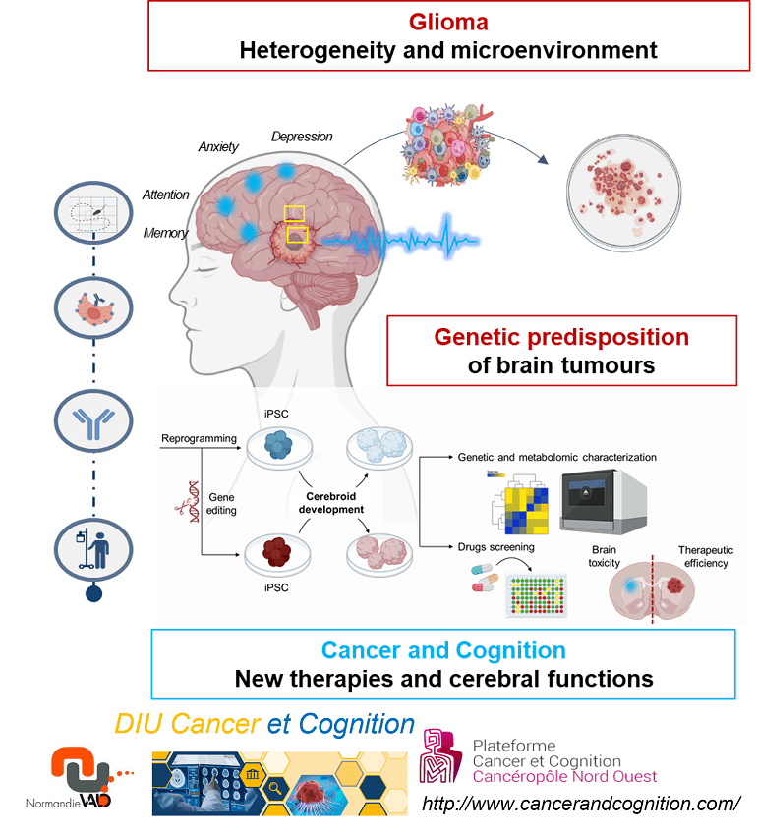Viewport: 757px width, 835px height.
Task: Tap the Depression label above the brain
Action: [x=302, y=137]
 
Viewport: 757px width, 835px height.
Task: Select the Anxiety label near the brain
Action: [x=218, y=147]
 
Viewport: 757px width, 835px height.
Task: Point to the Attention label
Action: [x=165, y=195]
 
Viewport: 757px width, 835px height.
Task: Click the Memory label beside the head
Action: [x=165, y=233]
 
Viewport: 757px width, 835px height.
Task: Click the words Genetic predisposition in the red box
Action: [x=561, y=337]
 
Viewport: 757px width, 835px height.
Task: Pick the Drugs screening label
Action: [x=495, y=546]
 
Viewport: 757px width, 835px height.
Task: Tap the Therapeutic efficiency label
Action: [x=705, y=557]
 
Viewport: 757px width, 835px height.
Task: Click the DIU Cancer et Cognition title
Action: [x=263, y=725]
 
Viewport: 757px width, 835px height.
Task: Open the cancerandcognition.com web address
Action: [x=580, y=805]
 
